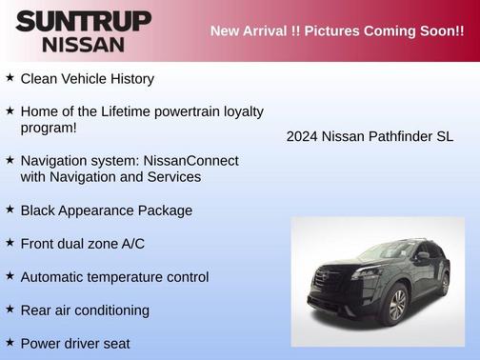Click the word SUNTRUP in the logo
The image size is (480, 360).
(84, 21)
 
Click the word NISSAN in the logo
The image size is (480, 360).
(84, 44)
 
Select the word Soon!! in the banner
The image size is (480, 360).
(439, 31)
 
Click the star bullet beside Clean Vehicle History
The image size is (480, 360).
(10, 78)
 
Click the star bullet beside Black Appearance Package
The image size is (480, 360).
(10, 210)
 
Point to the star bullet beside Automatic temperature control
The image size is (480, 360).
(10, 276)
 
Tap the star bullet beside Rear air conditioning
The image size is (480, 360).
(10, 310)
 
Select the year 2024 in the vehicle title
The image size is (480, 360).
(302, 136)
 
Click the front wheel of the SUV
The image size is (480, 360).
(396, 305)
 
